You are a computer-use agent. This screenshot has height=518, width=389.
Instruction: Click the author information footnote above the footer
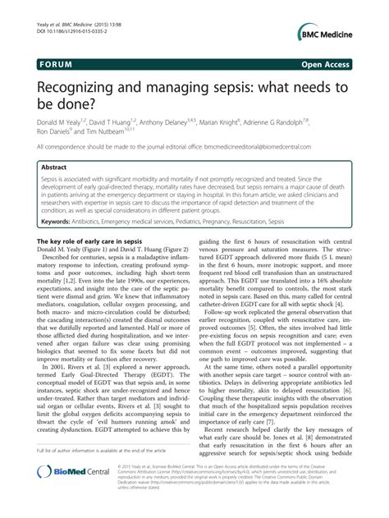98,473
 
